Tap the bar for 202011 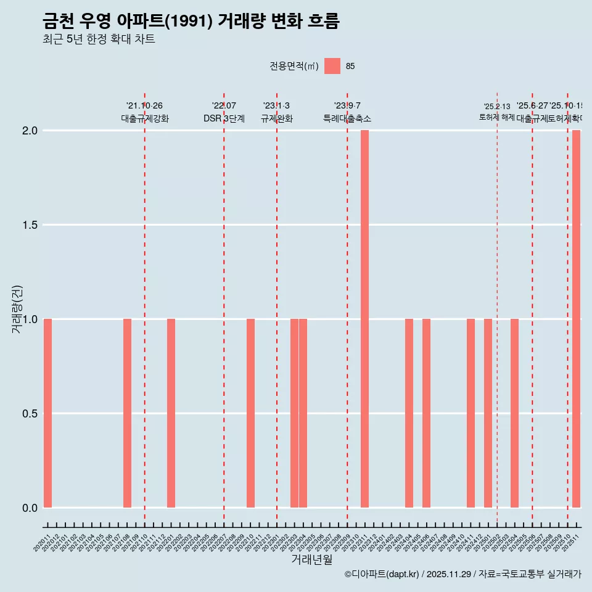coord(47,413)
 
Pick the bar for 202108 coord(127,413)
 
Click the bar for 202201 coord(171,413)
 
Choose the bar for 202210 coord(250,413)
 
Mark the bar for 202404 coord(409,413)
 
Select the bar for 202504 coord(514,413)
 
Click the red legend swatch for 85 coord(332,66)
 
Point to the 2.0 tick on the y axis coord(31,131)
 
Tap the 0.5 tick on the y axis coord(31,414)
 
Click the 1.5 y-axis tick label coord(31,225)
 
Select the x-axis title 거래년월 coord(311,560)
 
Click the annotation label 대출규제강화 coord(145,119)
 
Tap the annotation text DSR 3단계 coord(224,119)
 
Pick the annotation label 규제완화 coord(276,119)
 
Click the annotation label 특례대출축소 coord(347,119)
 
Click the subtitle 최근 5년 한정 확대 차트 coord(99,39)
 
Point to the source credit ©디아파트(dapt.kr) coord(382,574)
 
